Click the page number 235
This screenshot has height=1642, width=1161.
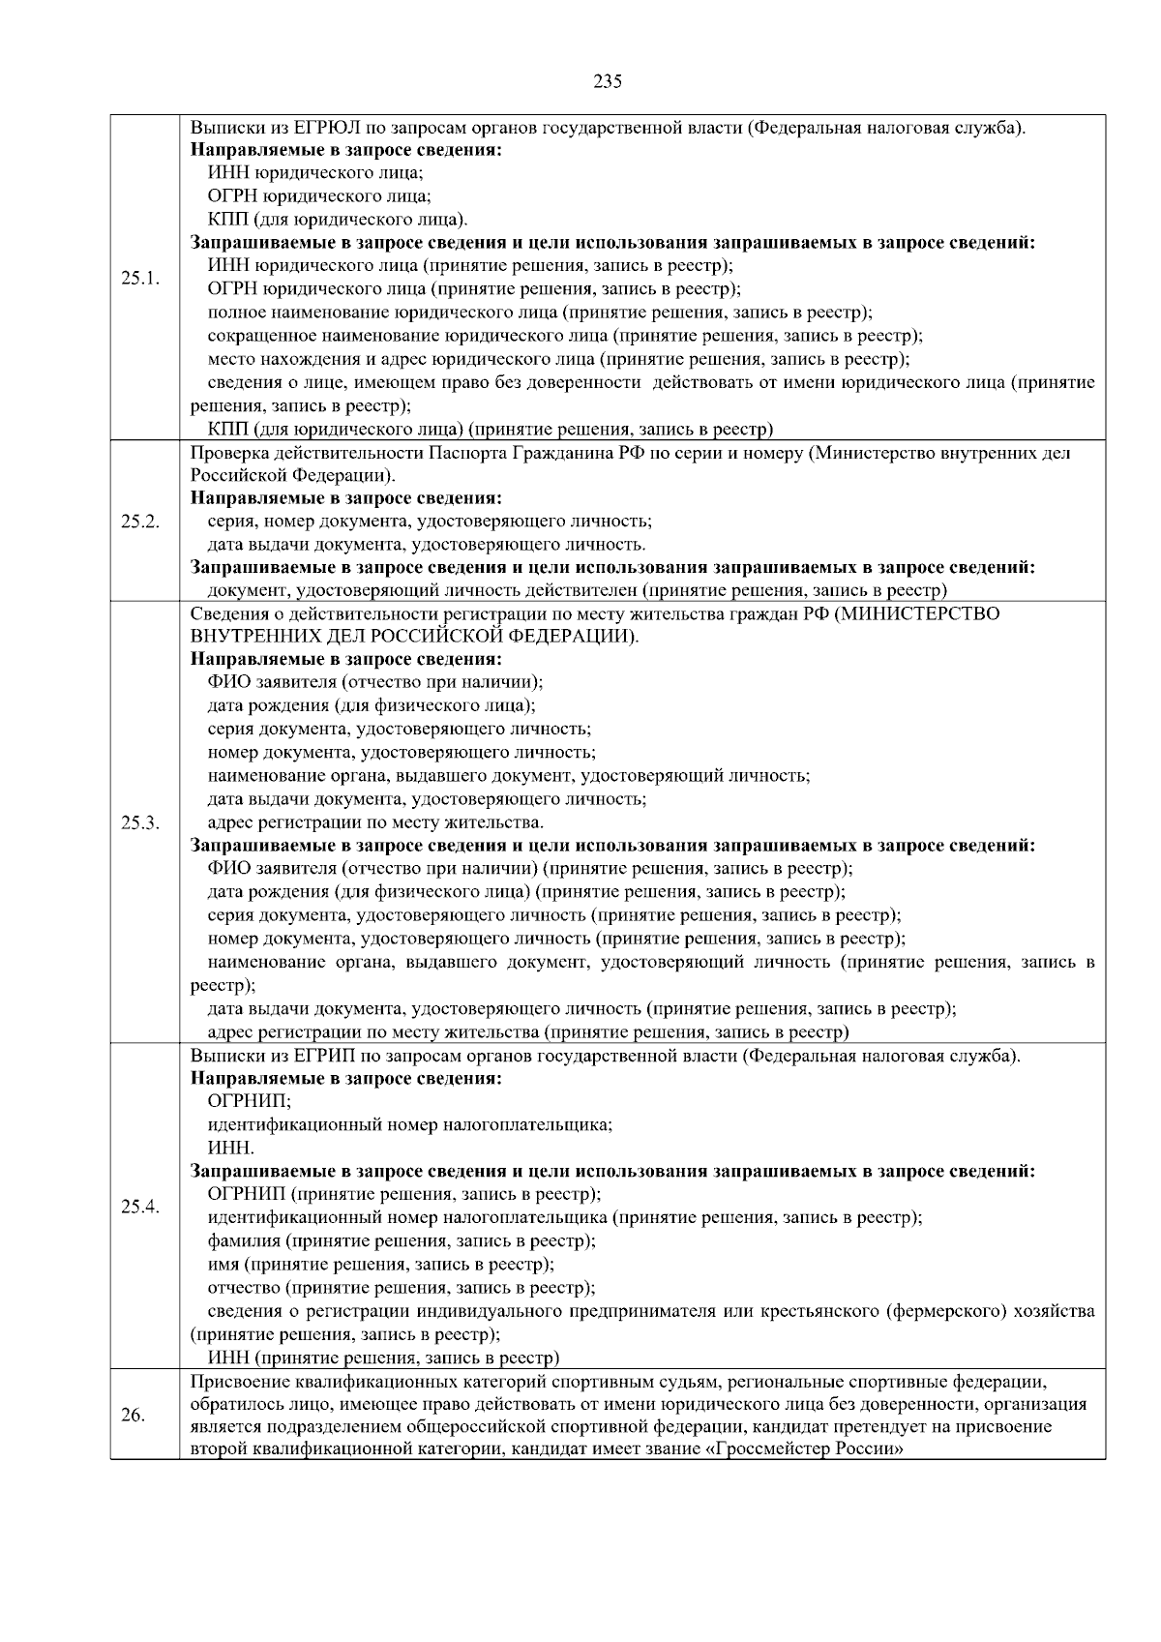[608, 81]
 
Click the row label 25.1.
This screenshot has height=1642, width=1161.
[140, 278]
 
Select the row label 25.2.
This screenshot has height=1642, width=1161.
[140, 521]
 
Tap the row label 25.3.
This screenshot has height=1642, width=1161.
[140, 822]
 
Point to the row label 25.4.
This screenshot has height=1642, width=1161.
[140, 1207]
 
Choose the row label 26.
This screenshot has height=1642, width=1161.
[133, 1416]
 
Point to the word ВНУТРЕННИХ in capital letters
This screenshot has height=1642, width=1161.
[253, 637]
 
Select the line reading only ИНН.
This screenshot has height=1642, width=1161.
[231, 1148]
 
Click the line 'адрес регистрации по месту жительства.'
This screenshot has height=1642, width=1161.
[375, 822]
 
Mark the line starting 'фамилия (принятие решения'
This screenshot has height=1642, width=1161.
[402, 1240]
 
